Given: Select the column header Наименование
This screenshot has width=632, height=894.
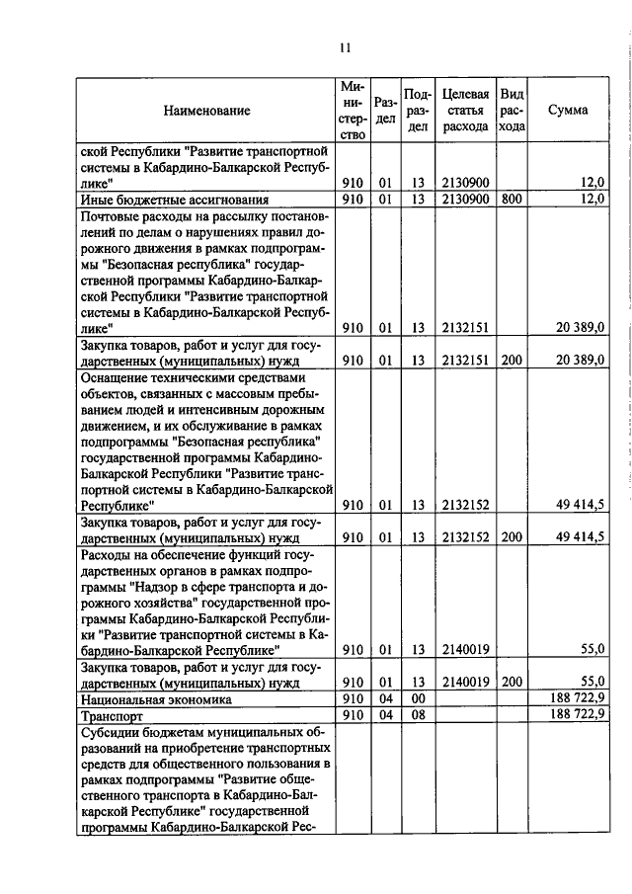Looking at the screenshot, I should click(x=207, y=111).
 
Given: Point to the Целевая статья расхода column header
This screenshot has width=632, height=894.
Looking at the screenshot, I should click(x=465, y=111).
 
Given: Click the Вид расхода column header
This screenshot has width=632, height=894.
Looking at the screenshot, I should click(x=512, y=111).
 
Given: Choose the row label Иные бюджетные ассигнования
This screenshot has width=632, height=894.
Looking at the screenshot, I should click(x=162, y=200).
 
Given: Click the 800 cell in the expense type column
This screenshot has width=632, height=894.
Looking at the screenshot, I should click(x=511, y=200).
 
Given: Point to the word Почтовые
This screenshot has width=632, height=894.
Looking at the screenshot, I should click(x=113, y=216).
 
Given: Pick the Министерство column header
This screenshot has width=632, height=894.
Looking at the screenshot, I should click(x=353, y=111).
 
